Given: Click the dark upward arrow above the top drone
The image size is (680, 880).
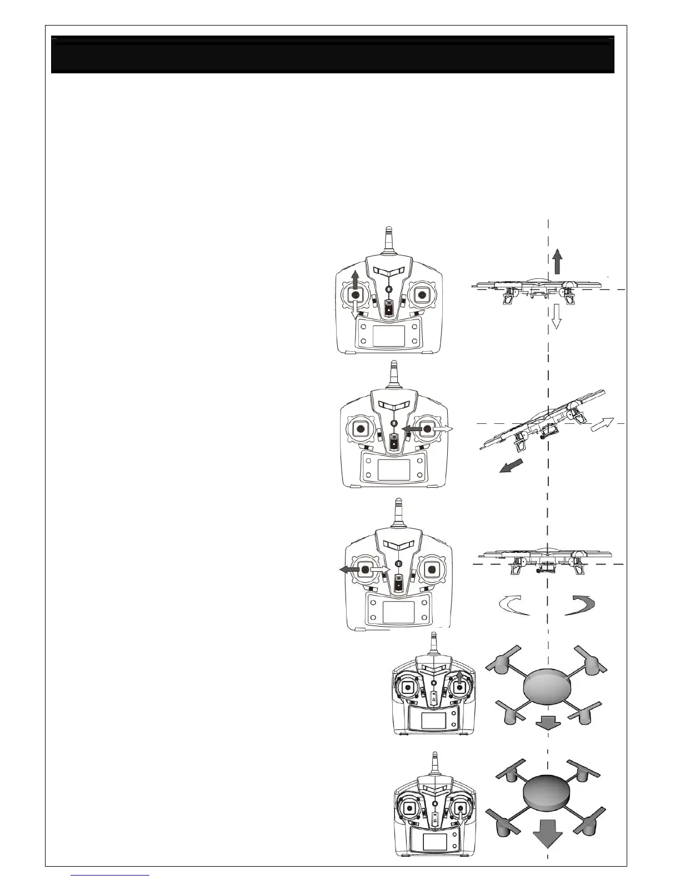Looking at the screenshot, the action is (557, 262).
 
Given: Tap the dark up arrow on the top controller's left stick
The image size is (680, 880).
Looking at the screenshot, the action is (356, 279).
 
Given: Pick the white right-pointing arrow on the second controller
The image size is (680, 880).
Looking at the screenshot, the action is (443, 429).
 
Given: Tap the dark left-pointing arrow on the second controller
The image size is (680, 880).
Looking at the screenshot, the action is (411, 429).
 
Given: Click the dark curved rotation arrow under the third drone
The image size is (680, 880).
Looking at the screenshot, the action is (581, 605).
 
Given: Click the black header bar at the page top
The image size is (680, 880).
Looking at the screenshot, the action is (332, 54).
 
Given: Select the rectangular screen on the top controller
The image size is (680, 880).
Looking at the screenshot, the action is (388, 336).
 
